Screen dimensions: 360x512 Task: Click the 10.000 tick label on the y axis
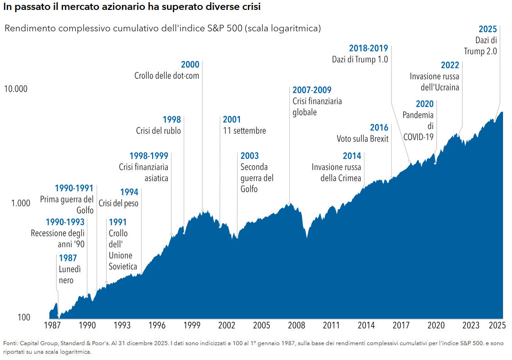point(16,89)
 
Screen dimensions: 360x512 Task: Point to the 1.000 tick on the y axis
point(21,203)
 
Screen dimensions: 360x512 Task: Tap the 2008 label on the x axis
point(296,325)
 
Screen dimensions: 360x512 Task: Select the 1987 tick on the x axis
point(53,325)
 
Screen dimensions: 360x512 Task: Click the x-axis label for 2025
point(497,325)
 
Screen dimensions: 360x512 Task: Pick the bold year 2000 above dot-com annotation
point(190,65)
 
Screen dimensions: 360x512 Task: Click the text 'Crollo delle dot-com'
point(166,76)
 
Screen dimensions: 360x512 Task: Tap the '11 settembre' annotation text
point(244,131)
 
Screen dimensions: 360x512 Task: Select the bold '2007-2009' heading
point(312,90)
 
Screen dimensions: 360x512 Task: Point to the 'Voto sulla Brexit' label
point(363,139)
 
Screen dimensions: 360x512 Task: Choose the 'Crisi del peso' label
point(118,203)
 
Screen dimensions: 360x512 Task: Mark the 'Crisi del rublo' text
point(158,131)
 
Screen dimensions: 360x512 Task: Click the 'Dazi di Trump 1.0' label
point(360,59)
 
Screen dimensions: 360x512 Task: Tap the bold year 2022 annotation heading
point(450,65)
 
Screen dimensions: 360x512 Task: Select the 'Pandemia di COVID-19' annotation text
point(418,126)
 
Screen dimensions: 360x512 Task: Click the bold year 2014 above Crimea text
point(352,156)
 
